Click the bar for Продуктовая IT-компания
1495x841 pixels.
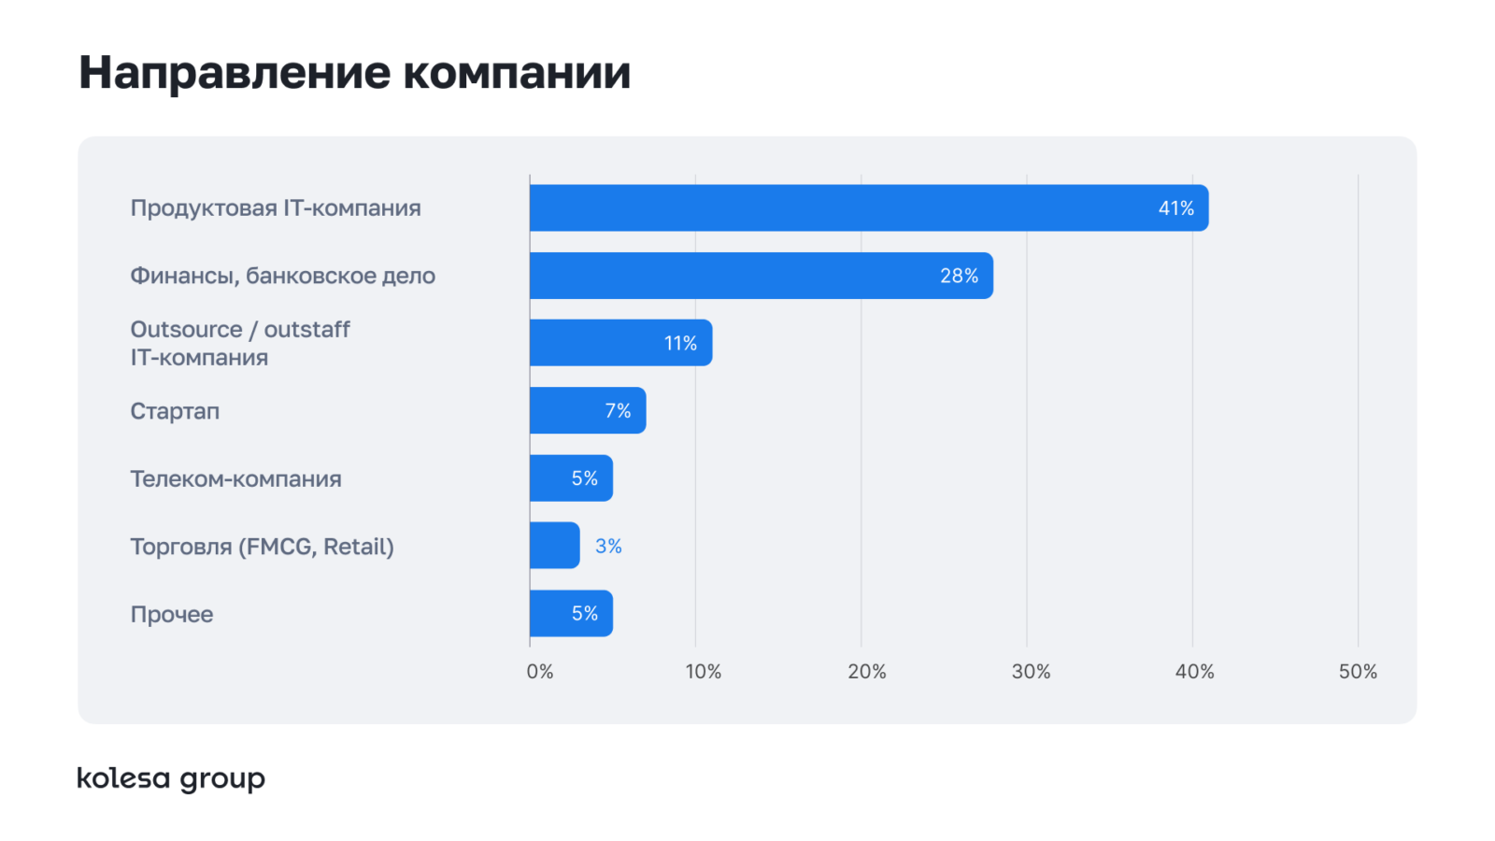pyautogui.click(x=869, y=207)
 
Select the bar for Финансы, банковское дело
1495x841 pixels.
pyautogui.click(x=762, y=276)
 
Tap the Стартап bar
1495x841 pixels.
pyautogui.click(x=588, y=410)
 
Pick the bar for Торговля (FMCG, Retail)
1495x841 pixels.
pyautogui.click(x=555, y=546)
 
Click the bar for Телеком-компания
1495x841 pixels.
pyautogui.click(x=571, y=478)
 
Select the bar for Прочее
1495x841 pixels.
pyautogui.click(x=571, y=613)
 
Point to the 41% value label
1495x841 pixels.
pyautogui.click(x=1176, y=208)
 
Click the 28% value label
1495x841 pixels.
pyautogui.click(x=959, y=276)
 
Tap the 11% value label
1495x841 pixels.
pyautogui.click(x=680, y=343)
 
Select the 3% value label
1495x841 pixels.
pyautogui.click(x=608, y=546)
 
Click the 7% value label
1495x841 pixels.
pyautogui.click(x=618, y=410)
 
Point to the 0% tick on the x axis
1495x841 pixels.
pyautogui.click(x=540, y=672)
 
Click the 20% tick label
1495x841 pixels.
pyautogui.click(x=867, y=672)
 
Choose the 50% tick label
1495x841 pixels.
pyautogui.click(x=1359, y=672)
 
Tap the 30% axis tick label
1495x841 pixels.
pyautogui.click(x=1032, y=672)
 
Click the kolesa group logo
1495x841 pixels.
pyautogui.click(x=171, y=779)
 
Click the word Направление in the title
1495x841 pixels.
pyautogui.click(x=235, y=73)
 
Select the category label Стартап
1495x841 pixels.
pyautogui.click(x=175, y=411)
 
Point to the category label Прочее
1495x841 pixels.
pyautogui.click(x=172, y=614)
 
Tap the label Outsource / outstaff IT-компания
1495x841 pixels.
pyautogui.click(x=239, y=343)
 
